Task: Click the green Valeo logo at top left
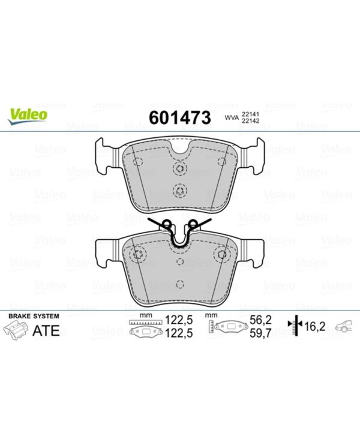[28, 116]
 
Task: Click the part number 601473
[179, 117]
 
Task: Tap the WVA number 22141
[250, 114]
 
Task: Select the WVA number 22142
[250, 120]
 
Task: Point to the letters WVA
[232, 117]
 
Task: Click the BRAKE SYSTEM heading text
[34, 316]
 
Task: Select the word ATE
[46, 330]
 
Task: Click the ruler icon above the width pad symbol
[145, 323]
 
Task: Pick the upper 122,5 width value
[179, 320]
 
